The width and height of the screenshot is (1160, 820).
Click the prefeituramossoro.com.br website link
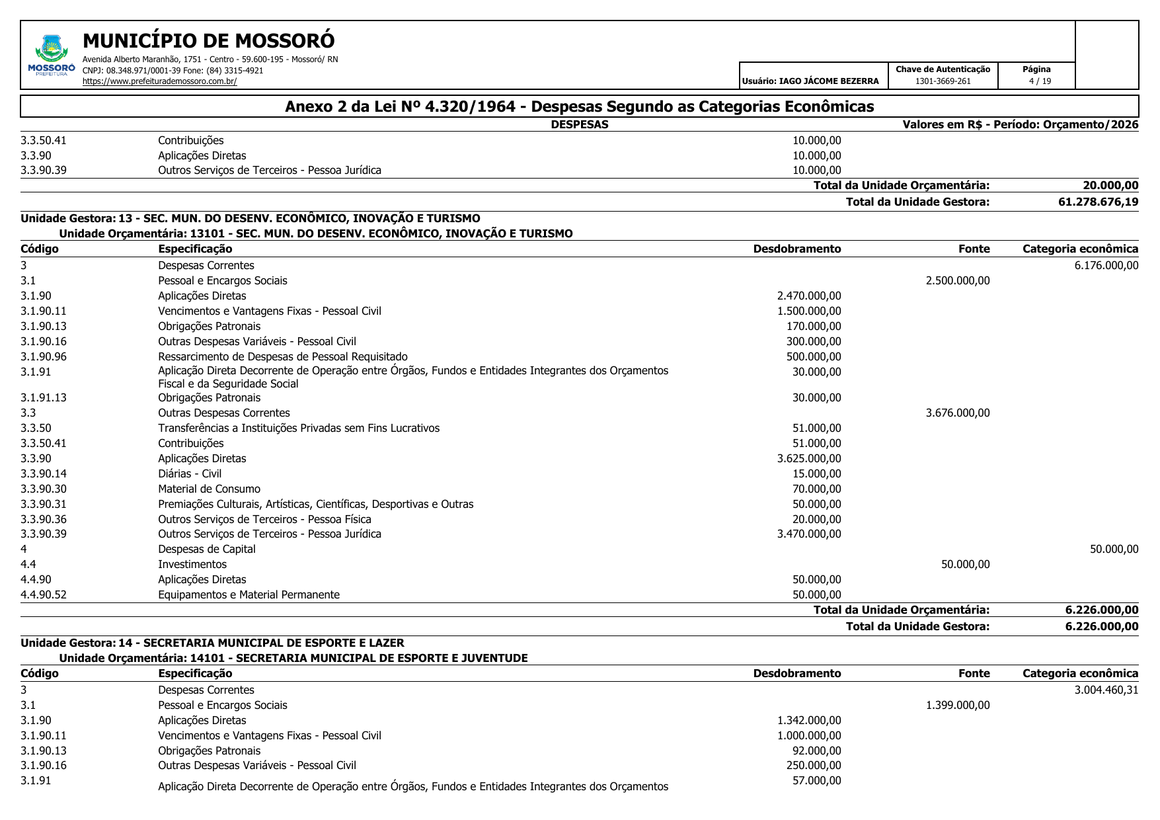point(159,81)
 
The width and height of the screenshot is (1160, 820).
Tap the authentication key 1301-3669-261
point(943,81)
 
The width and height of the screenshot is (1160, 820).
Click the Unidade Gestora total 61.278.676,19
point(1098,202)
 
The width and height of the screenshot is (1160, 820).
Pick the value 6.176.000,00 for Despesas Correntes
point(1106,265)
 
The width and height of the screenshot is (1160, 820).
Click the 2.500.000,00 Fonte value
point(957,280)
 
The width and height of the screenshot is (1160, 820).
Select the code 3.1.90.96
point(44,356)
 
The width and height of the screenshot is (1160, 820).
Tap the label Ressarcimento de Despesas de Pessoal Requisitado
point(282,356)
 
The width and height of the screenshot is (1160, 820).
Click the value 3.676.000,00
point(957,413)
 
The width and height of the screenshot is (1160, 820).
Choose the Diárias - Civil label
point(190,473)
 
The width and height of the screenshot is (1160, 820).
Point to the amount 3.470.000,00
point(808,534)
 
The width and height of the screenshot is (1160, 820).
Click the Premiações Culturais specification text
point(315,504)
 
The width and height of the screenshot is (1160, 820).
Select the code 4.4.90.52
point(44,594)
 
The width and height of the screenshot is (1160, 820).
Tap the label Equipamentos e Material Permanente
point(249,594)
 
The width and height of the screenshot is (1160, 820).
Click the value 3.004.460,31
point(1106,690)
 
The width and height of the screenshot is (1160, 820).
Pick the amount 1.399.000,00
point(957,705)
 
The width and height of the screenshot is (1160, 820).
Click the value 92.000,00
point(816,751)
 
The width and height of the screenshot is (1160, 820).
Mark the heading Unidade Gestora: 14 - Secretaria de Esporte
point(212,643)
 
